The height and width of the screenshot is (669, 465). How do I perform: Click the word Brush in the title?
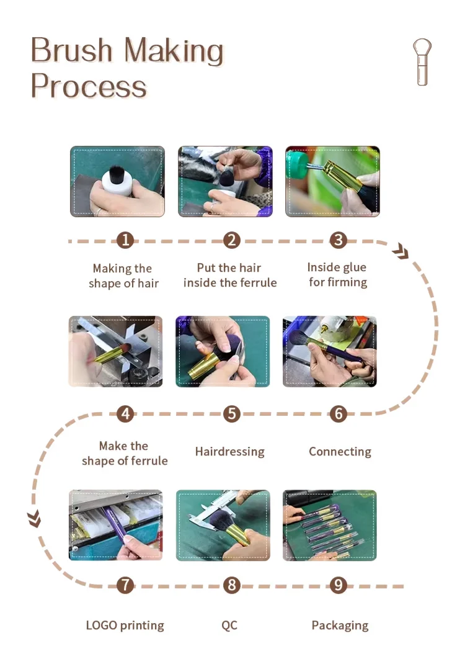click(71, 50)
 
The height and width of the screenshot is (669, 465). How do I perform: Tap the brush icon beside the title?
click(422, 62)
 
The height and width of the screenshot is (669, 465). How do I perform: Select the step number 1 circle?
click(125, 240)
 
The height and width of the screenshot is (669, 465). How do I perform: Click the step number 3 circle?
click(339, 240)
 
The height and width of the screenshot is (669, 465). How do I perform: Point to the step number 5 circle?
click(232, 414)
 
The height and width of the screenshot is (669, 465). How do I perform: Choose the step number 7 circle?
click(125, 585)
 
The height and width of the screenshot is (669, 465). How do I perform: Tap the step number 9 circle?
click(339, 585)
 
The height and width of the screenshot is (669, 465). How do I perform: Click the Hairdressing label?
click(230, 451)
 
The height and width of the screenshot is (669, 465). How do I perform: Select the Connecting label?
click(340, 451)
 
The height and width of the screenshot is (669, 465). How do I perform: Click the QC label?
click(229, 625)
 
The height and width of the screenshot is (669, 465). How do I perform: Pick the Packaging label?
click(340, 626)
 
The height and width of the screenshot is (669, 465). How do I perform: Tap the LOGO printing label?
click(125, 626)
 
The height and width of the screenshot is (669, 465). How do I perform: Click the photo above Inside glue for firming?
click(332, 181)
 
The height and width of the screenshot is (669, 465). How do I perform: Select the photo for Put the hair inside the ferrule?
click(226, 181)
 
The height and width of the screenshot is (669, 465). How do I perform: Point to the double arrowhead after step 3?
click(401, 252)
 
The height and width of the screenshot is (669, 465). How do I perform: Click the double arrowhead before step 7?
click(35, 519)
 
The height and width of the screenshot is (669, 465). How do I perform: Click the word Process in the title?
click(89, 87)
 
